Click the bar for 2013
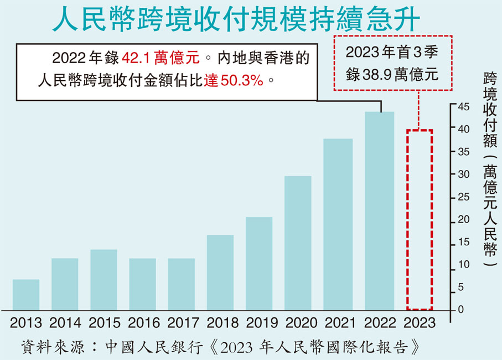pyautogui.click(x=26, y=295)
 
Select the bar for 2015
pyautogui.click(x=103, y=280)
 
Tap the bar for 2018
pyautogui.click(x=220, y=272)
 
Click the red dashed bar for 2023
pyautogui.click(x=420, y=220)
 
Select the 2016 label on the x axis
pyautogui.click(x=143, y=323)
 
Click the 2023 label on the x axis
pyautogui.click(x=420, y=323)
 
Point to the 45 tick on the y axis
pyautogui.click(x=463, y=106)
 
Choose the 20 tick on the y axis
pyautogui.click(x=463, y=220)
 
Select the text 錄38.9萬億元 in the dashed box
pyautogui.click(x=392, y=74)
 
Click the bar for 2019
pyautogui.click(x=258, y=263)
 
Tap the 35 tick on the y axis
pyautogui.click(x=463, y=151)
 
